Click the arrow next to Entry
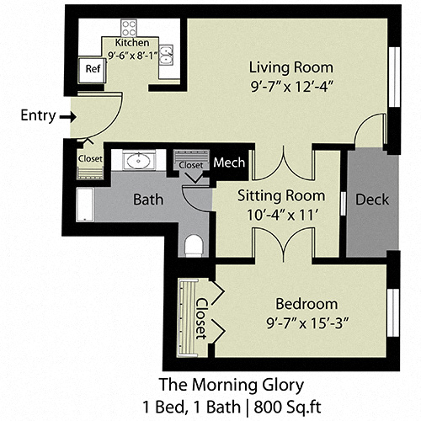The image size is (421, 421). click(x=67, y=117)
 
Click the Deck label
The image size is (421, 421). click(x=370, y=200)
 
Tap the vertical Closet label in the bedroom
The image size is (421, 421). click(x=202, y=316)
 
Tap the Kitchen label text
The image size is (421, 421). click(x=132, y=43)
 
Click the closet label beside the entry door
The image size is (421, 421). click(x=90, y=157)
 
